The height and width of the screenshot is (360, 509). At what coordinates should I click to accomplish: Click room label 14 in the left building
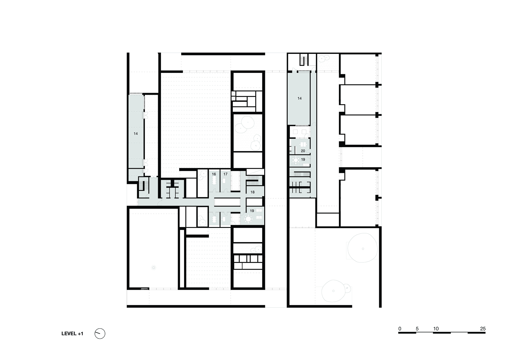click(136, 133)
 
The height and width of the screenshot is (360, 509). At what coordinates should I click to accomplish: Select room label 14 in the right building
click(300, 98)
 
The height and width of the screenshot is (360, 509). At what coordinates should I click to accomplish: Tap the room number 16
click(214, 174)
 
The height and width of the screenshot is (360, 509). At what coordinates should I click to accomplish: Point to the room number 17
click(225, 174)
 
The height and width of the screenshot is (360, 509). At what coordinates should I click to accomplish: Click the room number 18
click(252, 192)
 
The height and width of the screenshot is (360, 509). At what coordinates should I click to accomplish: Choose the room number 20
click(303, 151)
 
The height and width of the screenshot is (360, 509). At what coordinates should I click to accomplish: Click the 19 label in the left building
click(252, 211)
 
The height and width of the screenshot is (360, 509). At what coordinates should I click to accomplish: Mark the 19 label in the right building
click(303, 159)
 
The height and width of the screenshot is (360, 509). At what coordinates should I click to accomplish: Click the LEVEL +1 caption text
click(72, 334)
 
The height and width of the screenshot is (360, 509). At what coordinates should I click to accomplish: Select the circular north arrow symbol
click(100, 334)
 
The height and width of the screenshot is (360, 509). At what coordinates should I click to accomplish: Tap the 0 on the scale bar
click(400, 329)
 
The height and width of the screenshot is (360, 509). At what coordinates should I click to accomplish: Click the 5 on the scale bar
click(417, 329)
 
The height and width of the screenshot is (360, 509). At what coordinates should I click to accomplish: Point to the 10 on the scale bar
click(436, 329)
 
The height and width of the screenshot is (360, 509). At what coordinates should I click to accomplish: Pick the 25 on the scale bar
click(483, 329)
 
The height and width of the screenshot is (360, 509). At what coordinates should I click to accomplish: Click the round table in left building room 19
click(248, 219)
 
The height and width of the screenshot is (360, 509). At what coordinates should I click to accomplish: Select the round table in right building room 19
click(296, 161)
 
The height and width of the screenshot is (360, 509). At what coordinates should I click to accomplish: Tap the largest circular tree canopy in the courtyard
click(363, 249)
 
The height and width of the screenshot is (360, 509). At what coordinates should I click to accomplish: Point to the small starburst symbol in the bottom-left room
click(154, 267)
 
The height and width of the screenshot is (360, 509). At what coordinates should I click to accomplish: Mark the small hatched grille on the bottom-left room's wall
click(145, 289)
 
